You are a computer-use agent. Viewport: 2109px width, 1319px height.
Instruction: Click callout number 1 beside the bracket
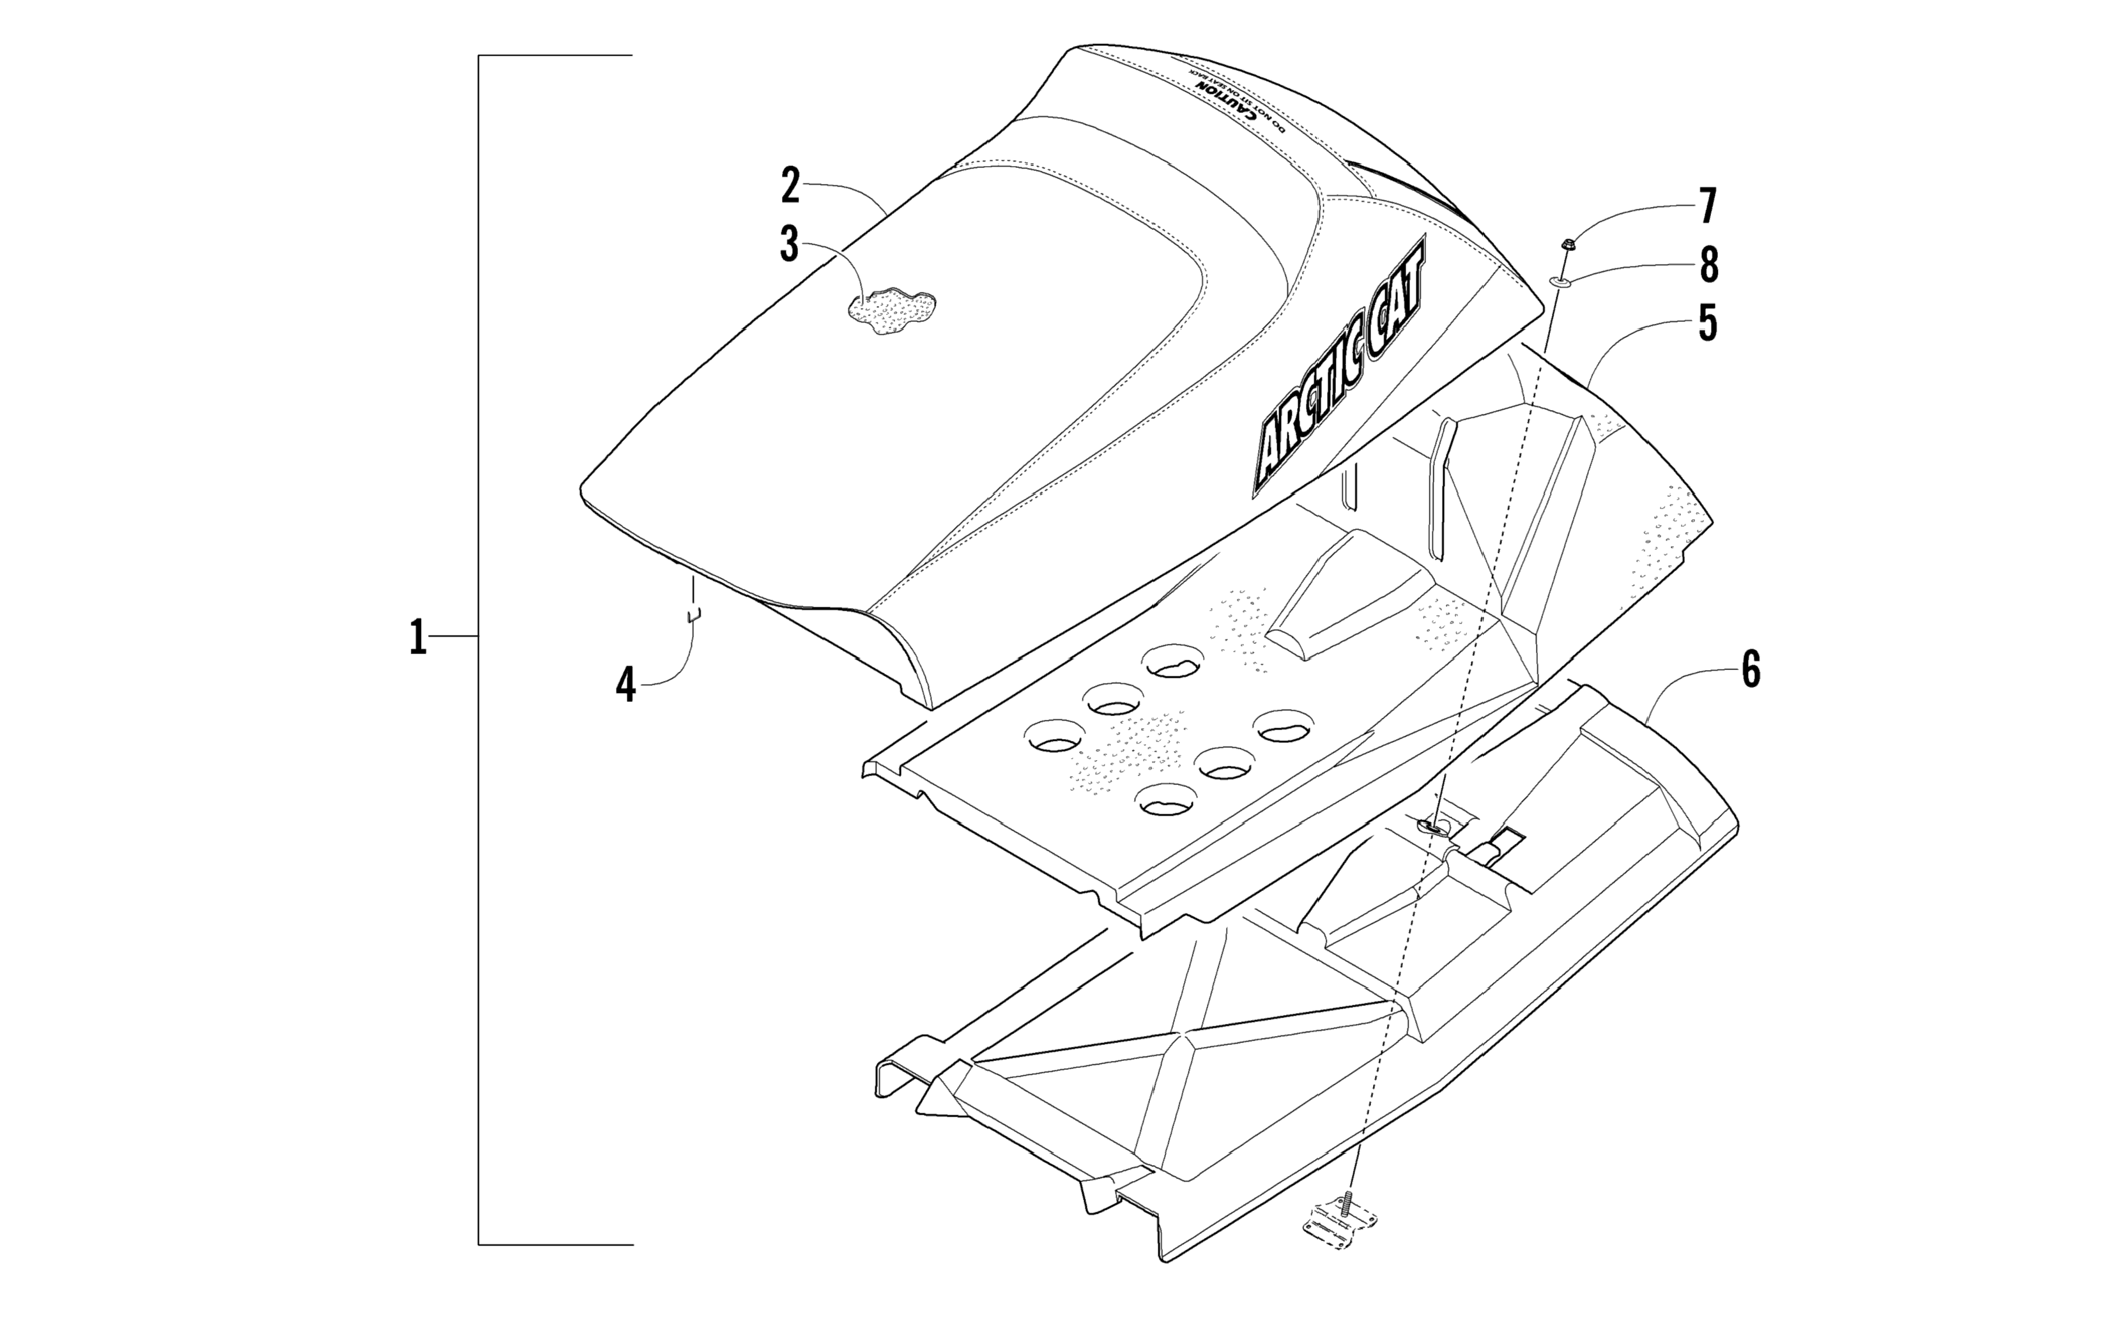click(x=418, y=637)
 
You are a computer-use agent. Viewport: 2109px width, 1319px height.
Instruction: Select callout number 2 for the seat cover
click(x=790, y=186)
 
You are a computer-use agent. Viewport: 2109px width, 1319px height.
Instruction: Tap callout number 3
click(x=790, y=245)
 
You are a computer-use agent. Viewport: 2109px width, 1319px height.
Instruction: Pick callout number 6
click(x=1751, y=669)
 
